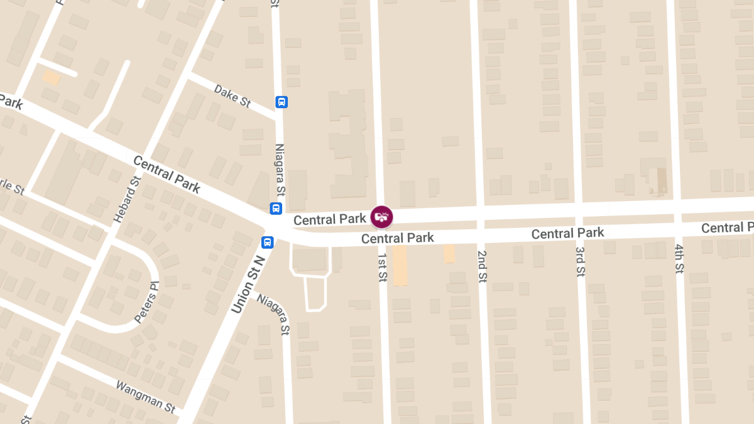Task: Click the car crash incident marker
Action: (x=381, y=217)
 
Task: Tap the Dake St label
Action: (x=232, y=96)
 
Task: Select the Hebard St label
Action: (x=127, y=200)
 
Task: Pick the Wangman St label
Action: (x=146, y=395)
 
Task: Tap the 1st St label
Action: (x=381, y=267)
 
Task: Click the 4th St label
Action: (x=679, y=259)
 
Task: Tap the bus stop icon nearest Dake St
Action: (x=281, y=102)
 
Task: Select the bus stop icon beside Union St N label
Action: (x=268, y=242)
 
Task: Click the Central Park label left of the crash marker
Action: (x=329, y=219)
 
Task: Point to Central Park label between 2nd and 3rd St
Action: (x=567, y=234)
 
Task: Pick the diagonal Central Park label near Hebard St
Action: (x=167, y=174)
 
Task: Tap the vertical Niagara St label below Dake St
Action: (x=280, y=169)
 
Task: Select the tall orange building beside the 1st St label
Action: (x=400, y=265)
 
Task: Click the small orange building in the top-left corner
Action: (x=52, y=77)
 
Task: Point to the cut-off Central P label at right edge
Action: (x=727, y=227)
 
